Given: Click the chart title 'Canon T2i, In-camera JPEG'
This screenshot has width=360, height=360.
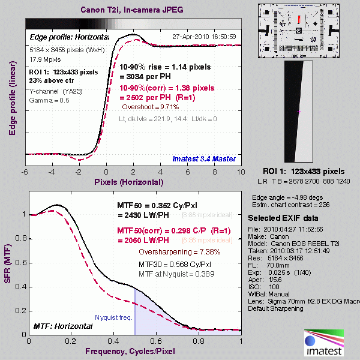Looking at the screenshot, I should tap(133, 10).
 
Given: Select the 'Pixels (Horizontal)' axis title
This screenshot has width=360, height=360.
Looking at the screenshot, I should tap(128, 181).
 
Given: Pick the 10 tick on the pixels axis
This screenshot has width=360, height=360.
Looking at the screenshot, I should tap(241, 172).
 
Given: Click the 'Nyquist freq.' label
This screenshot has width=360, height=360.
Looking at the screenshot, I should tap(112, 317).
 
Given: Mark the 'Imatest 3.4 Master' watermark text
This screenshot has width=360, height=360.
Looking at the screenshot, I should tap(204, 158).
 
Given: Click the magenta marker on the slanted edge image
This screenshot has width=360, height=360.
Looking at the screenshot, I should tap(299, 112).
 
